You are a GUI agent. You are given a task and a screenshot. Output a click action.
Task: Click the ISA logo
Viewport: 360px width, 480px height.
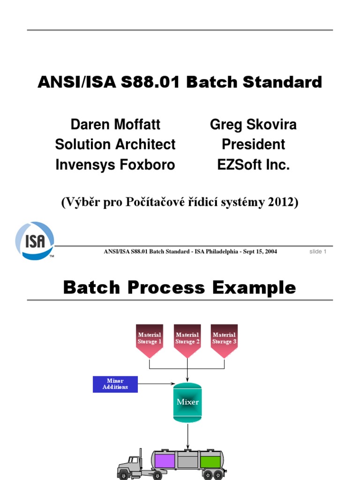coord(35,240)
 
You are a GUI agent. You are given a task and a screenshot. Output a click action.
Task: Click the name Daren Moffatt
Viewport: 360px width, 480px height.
coord(115,125)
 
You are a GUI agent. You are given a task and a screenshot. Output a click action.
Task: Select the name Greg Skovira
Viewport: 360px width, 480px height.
coord(253,125)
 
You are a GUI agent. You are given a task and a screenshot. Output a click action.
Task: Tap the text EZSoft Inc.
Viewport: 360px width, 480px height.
coord(253,165)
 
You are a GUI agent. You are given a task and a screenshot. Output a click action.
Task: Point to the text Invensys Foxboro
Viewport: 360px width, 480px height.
coord(115,165)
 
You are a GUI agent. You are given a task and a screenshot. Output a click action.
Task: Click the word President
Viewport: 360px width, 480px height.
coord(253,144)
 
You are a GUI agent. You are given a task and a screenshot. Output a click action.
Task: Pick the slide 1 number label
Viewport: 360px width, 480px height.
coord(318,252)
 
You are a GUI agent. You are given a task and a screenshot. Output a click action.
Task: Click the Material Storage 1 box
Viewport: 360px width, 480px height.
coord(150,338)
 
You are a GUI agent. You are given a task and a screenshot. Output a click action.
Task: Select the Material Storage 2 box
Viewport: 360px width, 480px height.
coord(187,338)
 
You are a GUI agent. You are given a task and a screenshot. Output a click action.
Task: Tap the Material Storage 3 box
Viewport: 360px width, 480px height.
coord(224,338)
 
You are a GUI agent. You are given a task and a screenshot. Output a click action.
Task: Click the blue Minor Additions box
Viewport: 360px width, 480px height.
coord(115,384)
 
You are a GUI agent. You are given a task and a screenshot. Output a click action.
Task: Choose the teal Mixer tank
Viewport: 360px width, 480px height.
coord(187,402)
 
